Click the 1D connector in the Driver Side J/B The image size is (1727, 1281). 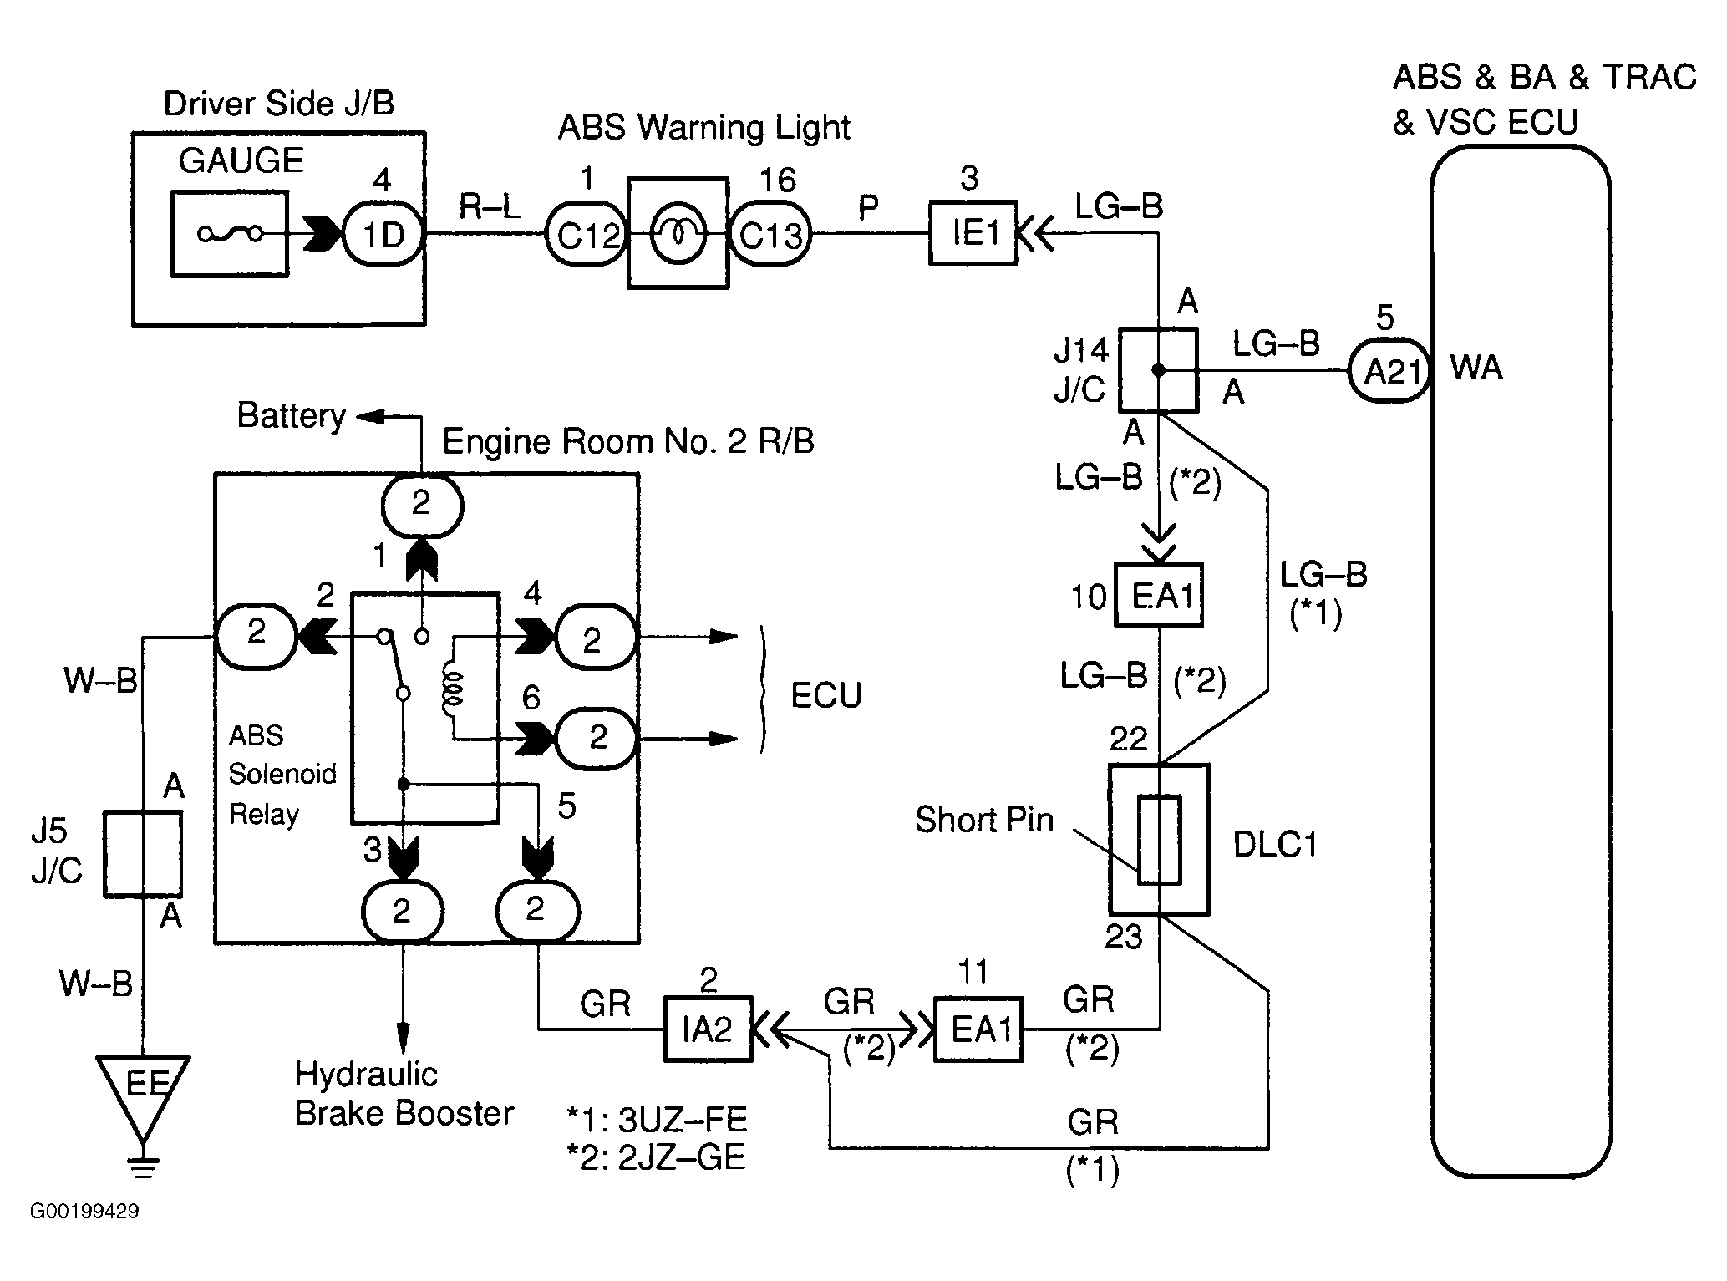click(x=383, y=235)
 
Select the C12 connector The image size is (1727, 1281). click(x=587, y=235)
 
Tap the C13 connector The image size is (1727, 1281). click(x=770, y=235)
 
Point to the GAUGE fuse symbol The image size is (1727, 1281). click(x=230, y=234)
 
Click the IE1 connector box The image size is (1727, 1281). click(x=973, y=233)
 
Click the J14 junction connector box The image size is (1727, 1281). click(x=1158, y=370)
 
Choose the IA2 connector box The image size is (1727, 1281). click(x=708, y=1029)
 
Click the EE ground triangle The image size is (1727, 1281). click(x=144, y=1090)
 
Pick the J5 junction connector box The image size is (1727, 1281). click(x=143, y=853)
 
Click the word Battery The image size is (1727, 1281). click(x=291, y=415)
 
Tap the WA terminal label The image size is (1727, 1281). click(x=1476, y=368)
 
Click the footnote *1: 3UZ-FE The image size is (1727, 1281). click(x=657, y=1119)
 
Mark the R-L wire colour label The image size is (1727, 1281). click(x=490, y=206)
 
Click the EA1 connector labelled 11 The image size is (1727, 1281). click(x=978, y=1029)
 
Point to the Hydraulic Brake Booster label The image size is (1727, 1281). click(x=404, y=1094)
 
